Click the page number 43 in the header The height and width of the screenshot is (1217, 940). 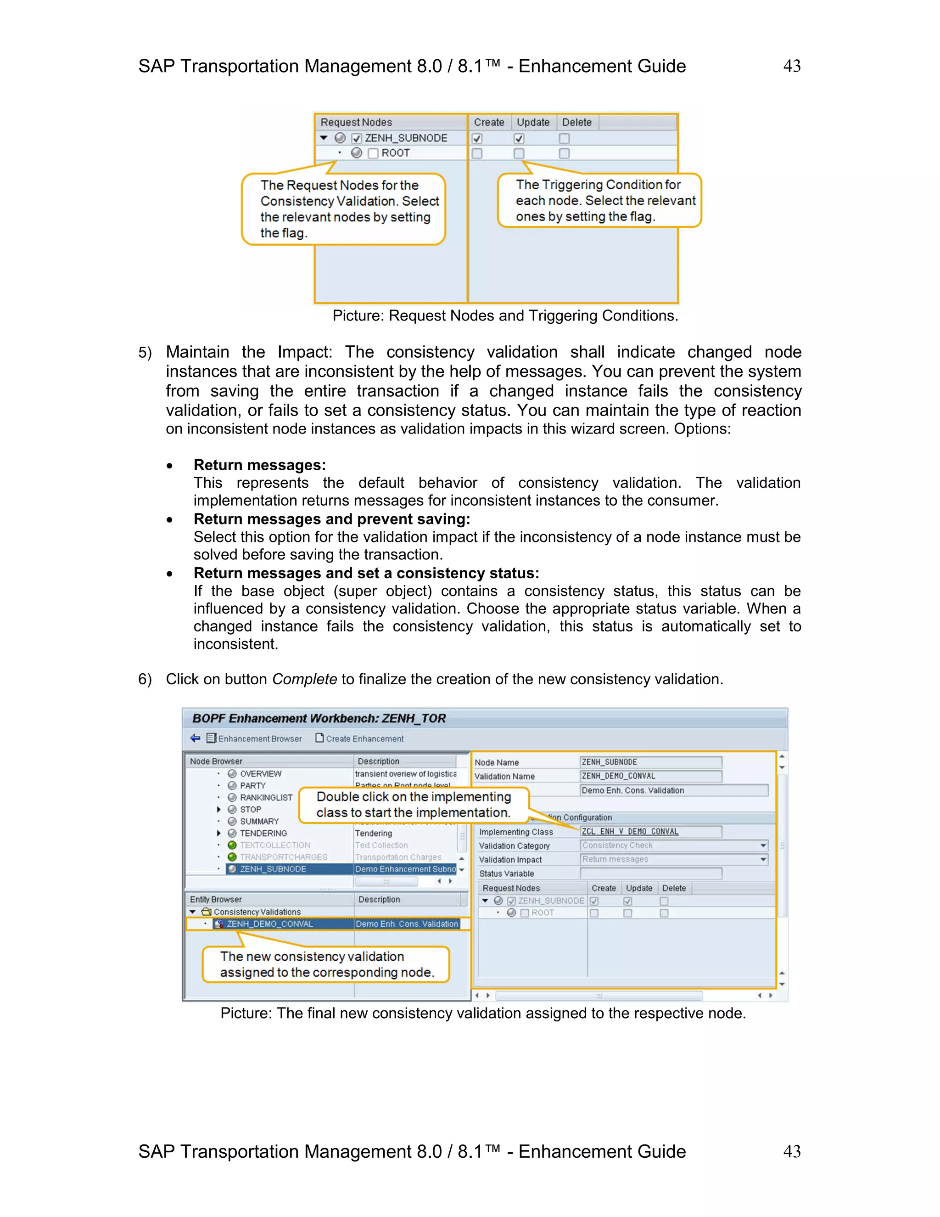click(x=791, y=66)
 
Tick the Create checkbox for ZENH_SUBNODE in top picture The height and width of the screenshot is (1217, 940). click(x=477, y=138)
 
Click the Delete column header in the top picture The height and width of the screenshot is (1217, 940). click(x=576, y=123)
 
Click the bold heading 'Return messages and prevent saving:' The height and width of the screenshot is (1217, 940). click(x=331, y=519)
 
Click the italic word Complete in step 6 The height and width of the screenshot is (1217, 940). click(x=304, y=679)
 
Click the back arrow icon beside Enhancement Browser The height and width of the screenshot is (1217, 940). click(x=195, y=738)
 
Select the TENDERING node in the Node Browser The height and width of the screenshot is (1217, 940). click(x=263, y=833)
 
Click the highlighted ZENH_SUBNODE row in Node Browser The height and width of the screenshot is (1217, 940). click(x=273, y=869)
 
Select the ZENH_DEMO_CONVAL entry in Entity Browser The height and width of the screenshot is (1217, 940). click(x=269, y=924)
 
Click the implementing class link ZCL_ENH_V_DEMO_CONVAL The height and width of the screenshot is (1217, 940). click(x=630, y=831)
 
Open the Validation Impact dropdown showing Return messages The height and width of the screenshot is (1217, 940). click(x=763, y=859)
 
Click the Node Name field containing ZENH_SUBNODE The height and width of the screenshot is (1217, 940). click(x=650, y=762)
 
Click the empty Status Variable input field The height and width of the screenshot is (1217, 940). click(x=650, y=873)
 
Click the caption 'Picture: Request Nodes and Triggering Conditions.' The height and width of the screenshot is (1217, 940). click(x=505, y=316)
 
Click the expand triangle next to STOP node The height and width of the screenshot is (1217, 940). click(x=219, y=809)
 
